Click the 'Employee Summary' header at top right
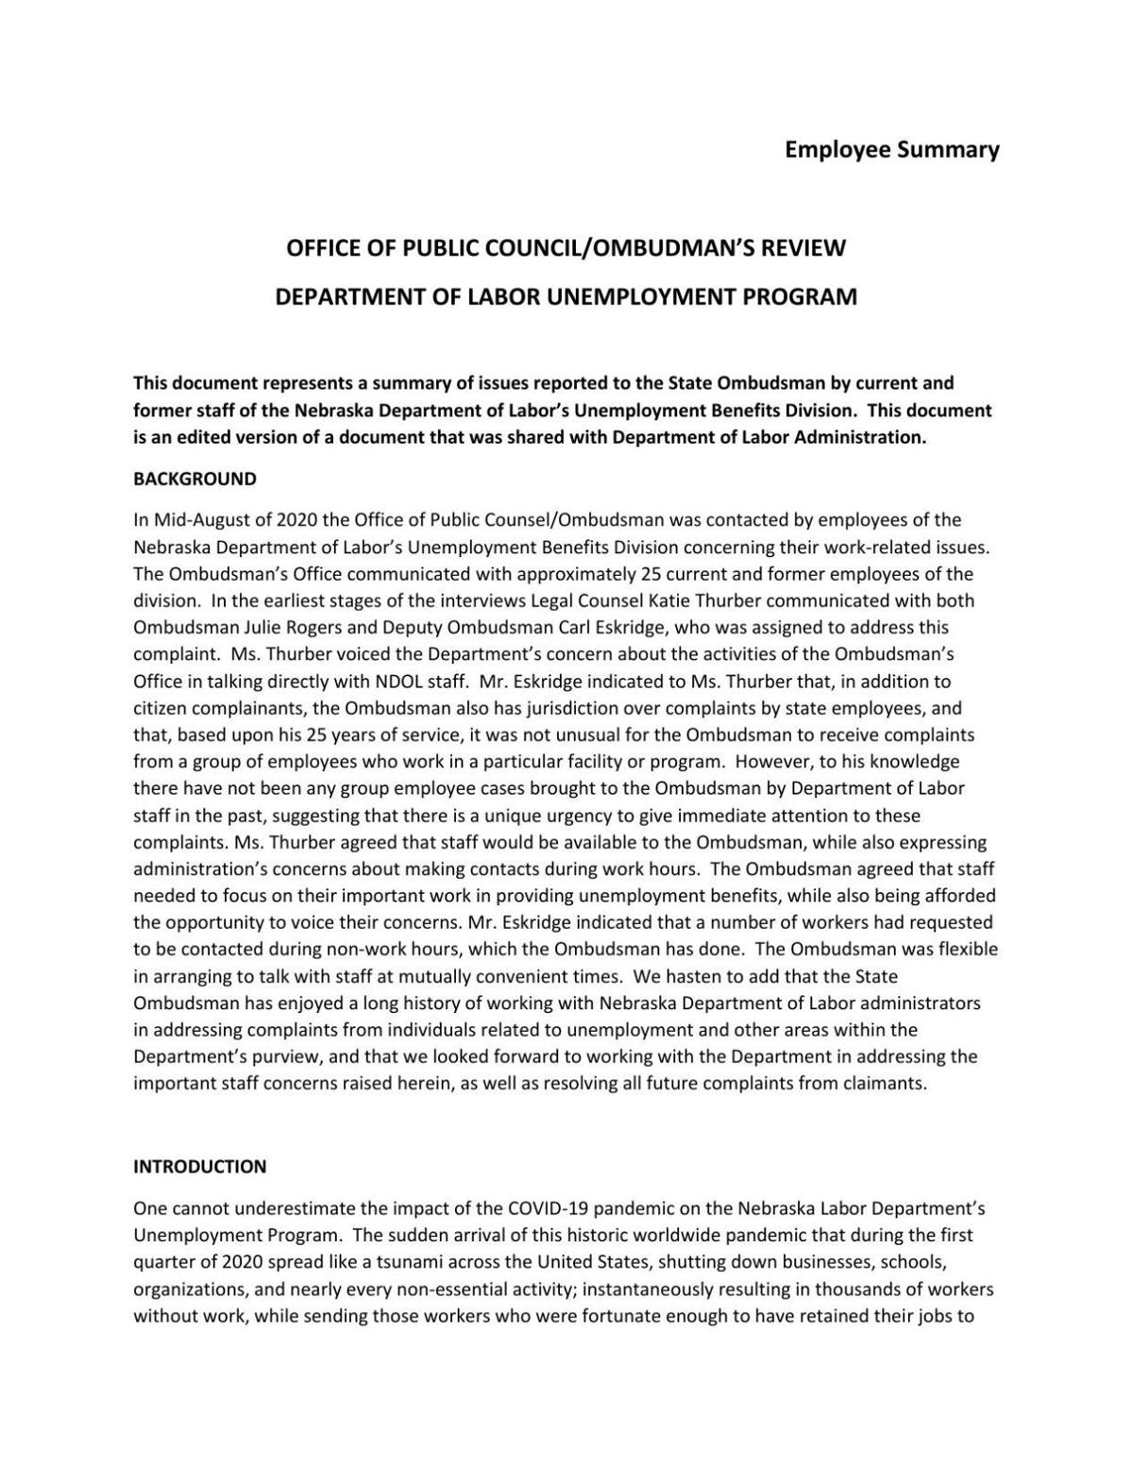891,150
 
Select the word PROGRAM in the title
800,297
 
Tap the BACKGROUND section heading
194,479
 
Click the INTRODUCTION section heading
199,1167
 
